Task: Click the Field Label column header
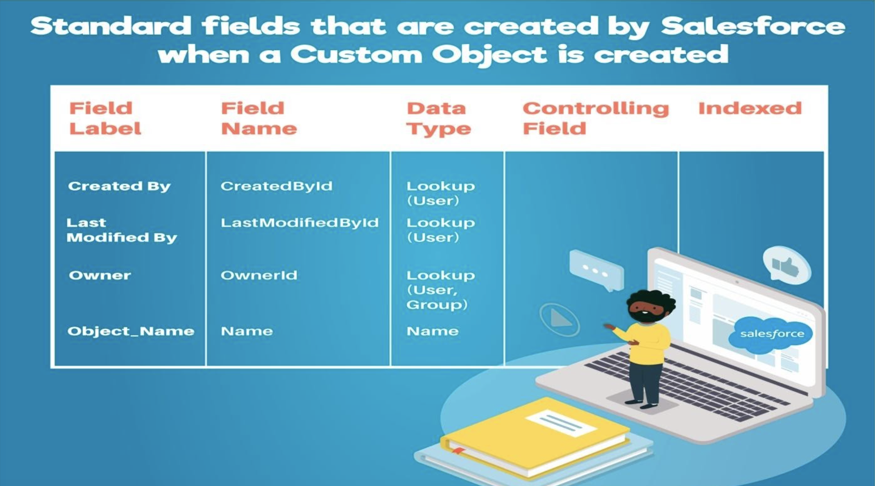105,118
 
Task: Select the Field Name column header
258,118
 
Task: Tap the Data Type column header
438,118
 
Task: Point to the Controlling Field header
595,118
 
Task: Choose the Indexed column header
750,108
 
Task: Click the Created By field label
119,186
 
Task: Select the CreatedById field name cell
277,186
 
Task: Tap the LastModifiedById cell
299,223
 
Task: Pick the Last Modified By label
121,230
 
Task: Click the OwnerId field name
259,275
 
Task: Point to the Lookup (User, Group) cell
440,290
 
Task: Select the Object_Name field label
131,331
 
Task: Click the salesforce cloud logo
771,334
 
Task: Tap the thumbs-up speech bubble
786,266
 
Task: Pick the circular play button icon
559,319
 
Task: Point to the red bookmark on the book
458,451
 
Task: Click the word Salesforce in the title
753,26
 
